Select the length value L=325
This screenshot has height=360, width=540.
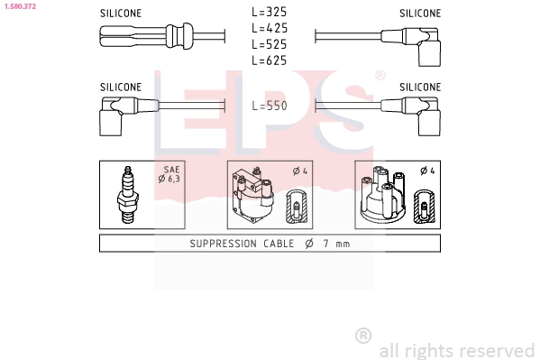point(269,13)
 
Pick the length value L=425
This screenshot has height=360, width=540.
point(269,28)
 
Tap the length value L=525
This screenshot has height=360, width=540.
point(269,44)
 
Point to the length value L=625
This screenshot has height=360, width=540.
point(269,60)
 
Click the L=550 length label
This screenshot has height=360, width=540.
point(269,106)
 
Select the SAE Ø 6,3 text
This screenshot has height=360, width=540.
point(169,174)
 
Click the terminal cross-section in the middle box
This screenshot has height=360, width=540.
point(297,207)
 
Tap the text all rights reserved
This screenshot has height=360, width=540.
point(456,350)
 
